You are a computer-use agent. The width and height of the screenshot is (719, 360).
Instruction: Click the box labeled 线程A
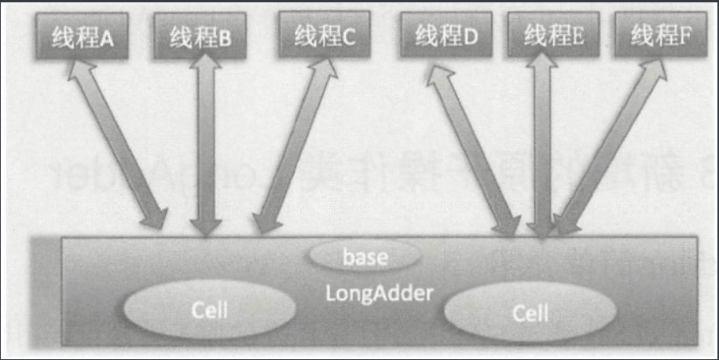(x=82, y=37)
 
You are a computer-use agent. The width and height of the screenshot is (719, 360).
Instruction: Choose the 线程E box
(x=554, y=35)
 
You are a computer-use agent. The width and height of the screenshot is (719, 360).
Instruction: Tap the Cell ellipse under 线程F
(x=531, y=313)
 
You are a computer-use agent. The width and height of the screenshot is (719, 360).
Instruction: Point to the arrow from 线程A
(x=118, y=145)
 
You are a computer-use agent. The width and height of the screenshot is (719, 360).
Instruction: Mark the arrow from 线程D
(x=471, y=149)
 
